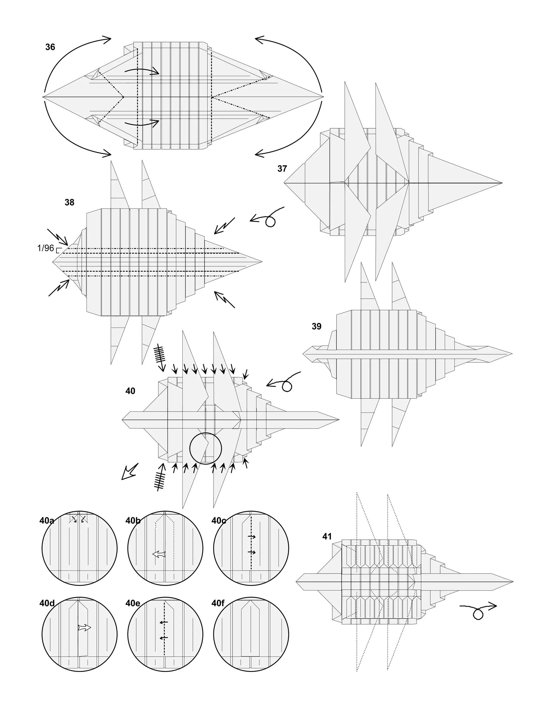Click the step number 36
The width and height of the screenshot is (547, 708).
(x=50, y=47)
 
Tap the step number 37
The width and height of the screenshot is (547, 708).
(x=282, y=169)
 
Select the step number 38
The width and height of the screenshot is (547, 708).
(x=69, y=202)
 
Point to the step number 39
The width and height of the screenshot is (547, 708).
(x=317, y=326)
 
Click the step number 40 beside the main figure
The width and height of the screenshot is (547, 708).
(x=130, y=391)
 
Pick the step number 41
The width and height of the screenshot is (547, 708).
(x=327, y=536)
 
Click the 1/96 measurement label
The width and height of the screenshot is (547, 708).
(x=46, y=248)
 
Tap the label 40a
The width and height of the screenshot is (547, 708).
(x=47, y=521)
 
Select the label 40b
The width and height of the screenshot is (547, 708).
(x=133, y=521)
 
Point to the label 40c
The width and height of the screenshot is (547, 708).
(x=219, y=521)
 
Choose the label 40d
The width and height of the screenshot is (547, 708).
(x=47, y=603)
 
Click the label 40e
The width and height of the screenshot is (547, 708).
(x=133, y=603)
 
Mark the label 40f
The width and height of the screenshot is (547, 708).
(x=218, y=603)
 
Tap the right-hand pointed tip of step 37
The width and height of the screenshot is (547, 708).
(x=502, y=183)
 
